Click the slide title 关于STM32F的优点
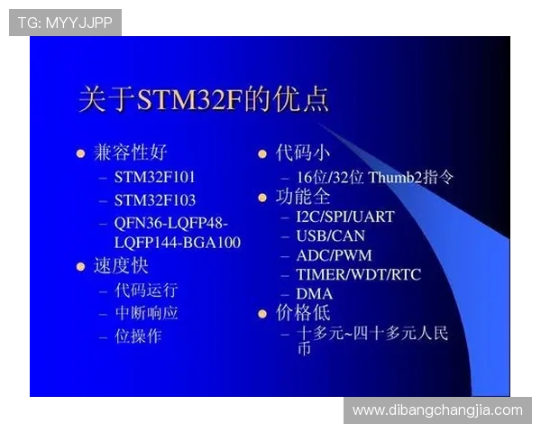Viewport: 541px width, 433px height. (x=204, y=98)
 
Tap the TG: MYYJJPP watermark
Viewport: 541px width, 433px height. (x=65, y=23)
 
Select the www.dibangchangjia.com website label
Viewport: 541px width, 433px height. (x=437, y=410)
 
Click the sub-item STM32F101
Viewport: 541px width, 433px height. (x=154, y=177)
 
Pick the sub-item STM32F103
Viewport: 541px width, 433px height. (x=154, y=199)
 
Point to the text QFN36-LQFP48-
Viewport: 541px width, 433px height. (x=171, y=223)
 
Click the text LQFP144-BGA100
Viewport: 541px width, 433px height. (x=178, y=242)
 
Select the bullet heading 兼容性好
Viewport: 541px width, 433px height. (x=131, y=152)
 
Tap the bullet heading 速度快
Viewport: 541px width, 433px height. (x=122, y=266)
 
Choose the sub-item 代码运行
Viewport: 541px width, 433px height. (x=146, y=290)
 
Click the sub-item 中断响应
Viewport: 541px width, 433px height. (x=146, y=313)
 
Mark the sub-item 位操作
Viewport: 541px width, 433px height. (x=138, y=336)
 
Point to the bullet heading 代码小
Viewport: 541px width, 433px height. (x=303, y=152)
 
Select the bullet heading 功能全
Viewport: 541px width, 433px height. (x=303, y=197)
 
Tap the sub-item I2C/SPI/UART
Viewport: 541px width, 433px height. (x=344, y=216)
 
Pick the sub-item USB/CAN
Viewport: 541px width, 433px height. (x=330, y=235)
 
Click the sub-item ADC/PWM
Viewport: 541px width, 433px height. (x=334, y=255)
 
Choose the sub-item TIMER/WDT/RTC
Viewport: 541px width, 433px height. (x=358, y=274)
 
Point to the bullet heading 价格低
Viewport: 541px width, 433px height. (x=303, y=313)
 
